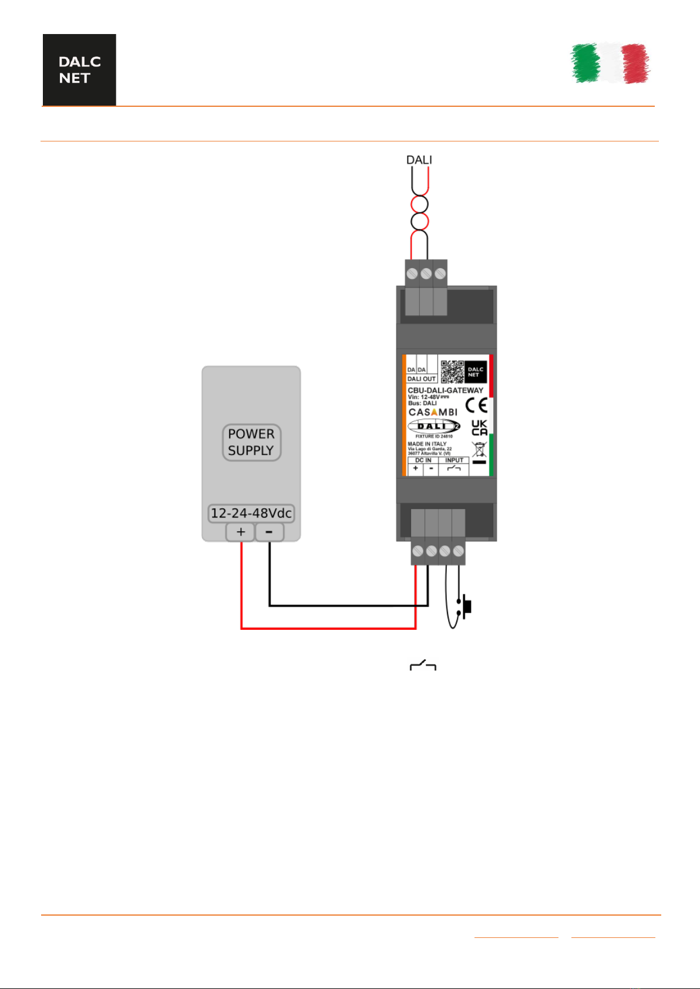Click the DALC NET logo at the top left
79,70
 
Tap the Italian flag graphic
611,63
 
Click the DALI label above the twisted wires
419,160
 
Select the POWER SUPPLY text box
251,443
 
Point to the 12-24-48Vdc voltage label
251,513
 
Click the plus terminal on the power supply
241,532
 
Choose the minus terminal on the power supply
269,532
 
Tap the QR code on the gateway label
452,372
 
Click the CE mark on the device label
476,405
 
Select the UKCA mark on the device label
479,428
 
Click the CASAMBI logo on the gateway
433,412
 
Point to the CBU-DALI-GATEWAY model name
445,390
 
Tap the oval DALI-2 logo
434,427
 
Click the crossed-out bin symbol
479,450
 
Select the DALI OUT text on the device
421,379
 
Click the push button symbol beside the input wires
465,606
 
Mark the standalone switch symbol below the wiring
423,666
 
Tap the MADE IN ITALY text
427,444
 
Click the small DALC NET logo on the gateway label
476,372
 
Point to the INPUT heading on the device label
454,460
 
